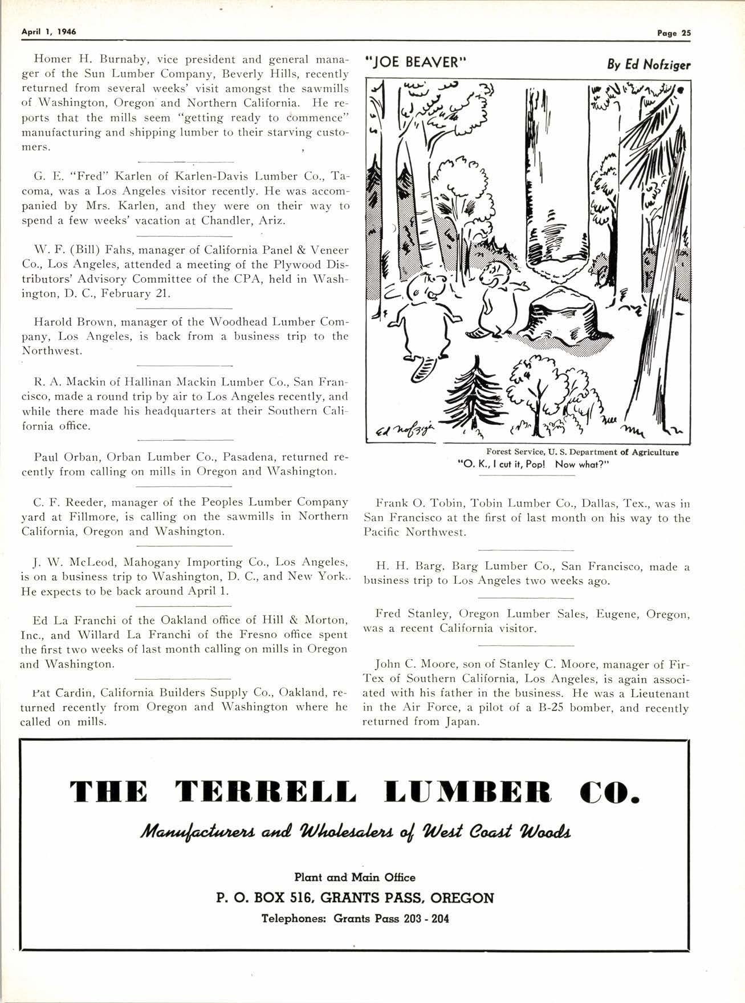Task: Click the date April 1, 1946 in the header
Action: [48, 32]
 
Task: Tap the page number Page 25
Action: [673, 33]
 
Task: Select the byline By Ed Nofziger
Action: [648, 64]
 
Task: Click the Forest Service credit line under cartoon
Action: [582, 452]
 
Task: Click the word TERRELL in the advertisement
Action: [266, 791]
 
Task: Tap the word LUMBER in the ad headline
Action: [468, 791]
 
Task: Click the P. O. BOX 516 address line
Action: [355, 898]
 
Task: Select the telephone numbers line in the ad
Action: [355, 919]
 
